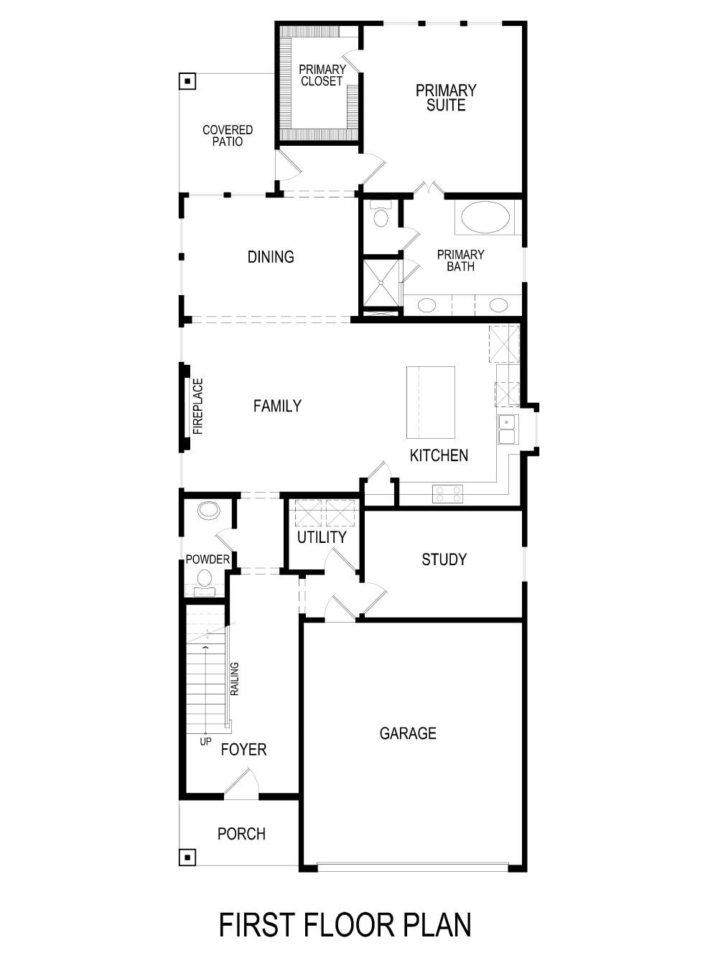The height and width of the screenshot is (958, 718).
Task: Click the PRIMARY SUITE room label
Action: pyautogui.click(x=446, y=98)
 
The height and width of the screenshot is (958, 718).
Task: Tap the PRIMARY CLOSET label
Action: pyautogui.click(x=322, y=75)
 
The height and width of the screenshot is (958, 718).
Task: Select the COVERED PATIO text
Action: pyautogui.click(x=228, y=136)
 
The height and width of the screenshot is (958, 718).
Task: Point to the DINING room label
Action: pyautogui.click(x=271, y=257)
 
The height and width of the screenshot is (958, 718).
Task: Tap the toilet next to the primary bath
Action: pyautogui.click(x=380, y=216)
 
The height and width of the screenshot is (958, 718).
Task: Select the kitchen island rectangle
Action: pyautogui.click(x=431, y=402)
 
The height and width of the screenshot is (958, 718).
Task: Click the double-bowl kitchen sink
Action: pyautogui.click(x=508, y=429)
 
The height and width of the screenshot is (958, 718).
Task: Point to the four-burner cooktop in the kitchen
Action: pyautogui.click(x=447, y=494)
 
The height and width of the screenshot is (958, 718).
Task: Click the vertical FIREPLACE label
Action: pyautogui.click(x=198, y=406)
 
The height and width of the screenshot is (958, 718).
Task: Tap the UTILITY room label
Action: pyautogui.click(x=322, y=537)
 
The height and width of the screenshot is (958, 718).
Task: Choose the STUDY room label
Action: pyautogui.click(x=444, y=559)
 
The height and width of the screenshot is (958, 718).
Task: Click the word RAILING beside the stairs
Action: pyautogui.click(x=235, y=679)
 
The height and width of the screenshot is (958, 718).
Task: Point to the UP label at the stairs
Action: pyautogui.click(x=205, y=741)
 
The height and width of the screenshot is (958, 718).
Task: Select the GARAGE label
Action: pyautogui.click(x=408, y=733)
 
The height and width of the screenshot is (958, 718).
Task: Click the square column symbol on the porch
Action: pyautogui.click(x=187, y=857)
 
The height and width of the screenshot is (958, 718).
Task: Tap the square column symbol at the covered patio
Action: pyautogui.click(x=187, y=81)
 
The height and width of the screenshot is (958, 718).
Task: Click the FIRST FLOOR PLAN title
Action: pyautogui.click(x=345, y=925)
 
